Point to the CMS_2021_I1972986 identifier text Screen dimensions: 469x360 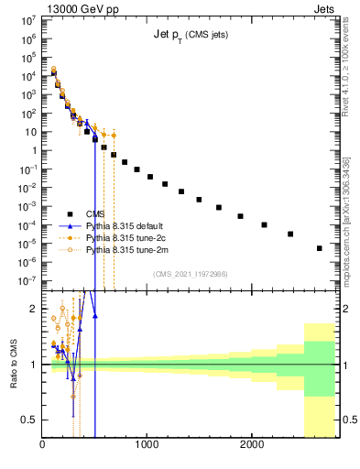(x=190, y=273)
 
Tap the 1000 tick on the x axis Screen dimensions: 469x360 (x=147, y=445)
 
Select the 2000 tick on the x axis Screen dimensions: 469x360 (x=251, y=445)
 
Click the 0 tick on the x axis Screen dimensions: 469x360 (x=43, y=445)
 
